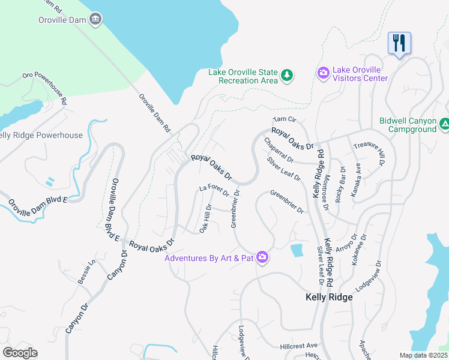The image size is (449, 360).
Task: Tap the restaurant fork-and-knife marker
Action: (399, 43)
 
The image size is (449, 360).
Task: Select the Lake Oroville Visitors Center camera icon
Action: (324, 73)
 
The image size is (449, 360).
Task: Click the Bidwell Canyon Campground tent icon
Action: (444, 124)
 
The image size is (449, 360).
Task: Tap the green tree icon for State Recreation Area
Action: (287, 75)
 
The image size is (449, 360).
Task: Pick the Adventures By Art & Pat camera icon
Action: (262, 258)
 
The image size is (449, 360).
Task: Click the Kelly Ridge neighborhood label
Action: (328, 297)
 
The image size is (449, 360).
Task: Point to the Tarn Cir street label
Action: (285, 120)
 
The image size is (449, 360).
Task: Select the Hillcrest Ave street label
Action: (298, 346)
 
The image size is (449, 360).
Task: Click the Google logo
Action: (19, 352)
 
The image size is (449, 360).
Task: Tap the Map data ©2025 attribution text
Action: (423, 355)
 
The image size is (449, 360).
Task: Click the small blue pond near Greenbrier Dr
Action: (296, 250)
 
